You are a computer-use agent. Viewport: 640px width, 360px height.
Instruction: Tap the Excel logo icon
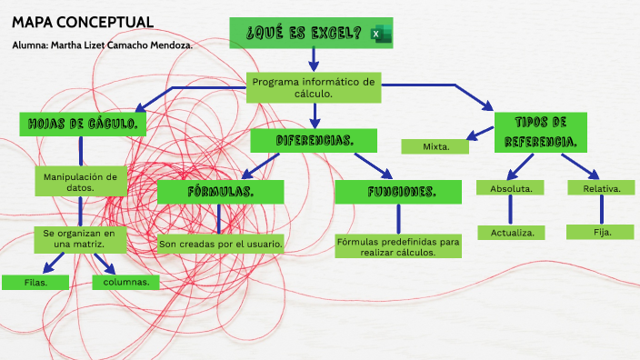pos(379,35)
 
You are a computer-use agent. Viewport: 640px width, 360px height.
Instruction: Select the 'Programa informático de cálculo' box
pos(314,87)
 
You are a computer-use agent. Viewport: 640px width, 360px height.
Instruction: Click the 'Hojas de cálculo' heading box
pos(83,125)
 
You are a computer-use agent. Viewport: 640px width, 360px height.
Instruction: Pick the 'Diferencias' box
pos(314,141)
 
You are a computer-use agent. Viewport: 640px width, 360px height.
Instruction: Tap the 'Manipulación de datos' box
pos(80,182)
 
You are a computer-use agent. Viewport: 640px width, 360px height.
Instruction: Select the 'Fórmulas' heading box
pos(220,192)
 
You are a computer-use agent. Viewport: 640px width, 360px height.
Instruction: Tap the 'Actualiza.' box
pos(511,232)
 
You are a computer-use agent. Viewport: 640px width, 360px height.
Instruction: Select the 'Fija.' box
pos(601,232)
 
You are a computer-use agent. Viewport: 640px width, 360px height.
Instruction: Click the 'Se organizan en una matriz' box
pos(79,238)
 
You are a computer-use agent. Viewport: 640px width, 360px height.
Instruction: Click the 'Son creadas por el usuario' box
pos(220,244)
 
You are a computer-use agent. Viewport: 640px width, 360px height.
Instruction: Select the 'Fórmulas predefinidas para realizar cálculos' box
pos(398,246)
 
